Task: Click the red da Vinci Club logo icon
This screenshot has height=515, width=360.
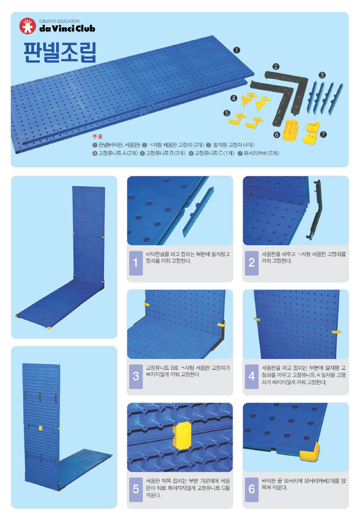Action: tap(27, 26)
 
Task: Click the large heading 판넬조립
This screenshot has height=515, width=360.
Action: tap(60, 52)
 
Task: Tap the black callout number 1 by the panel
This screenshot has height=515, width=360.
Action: tap(237, 50)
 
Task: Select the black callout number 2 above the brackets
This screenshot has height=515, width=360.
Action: tap(276, 67)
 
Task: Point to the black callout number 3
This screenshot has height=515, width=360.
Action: tap(322, 75)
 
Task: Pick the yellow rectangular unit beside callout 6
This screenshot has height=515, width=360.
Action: tap(291, 129)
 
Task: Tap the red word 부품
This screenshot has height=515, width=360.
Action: tap(97, 137)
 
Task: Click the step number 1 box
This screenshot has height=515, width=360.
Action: tap(136, 263)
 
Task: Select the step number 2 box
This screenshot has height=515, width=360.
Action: tap(251, 263)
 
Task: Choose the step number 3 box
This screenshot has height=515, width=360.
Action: tap(136, 376)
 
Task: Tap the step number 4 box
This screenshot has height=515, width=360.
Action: tap(251, 376)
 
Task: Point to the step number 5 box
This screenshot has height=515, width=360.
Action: tap(136, 489)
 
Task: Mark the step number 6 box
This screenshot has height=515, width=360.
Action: tap(251, 489)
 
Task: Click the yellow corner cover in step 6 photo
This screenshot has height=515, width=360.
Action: tap(310, 451)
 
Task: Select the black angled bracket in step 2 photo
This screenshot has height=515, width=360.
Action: tap(315, 210)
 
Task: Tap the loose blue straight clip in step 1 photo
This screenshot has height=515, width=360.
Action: tap(198, 212)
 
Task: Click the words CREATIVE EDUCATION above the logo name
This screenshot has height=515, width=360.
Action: tap(59, 21)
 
